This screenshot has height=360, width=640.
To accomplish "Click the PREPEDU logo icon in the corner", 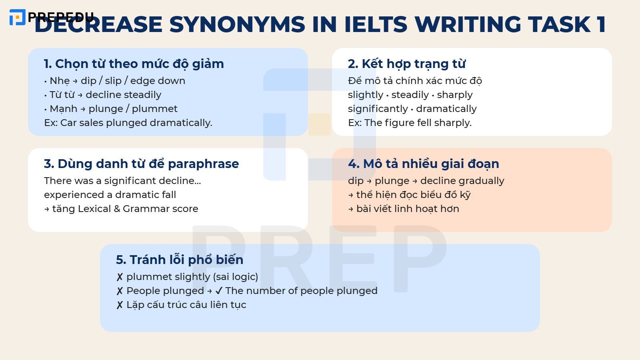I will click(x=17, y=17).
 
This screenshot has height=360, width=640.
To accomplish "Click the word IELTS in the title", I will click(x=375, y=24).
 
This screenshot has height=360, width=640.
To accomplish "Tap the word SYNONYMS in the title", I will click(x=237, y=24).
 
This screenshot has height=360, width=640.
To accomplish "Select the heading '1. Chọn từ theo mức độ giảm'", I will click(x=134, y=64).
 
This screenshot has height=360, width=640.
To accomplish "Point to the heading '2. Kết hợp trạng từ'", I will click(x=406, y=64).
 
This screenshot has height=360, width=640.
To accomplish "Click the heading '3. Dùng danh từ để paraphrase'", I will click(x=141, y=164).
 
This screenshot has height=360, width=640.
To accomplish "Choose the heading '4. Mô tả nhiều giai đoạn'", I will click(x=423, y=164).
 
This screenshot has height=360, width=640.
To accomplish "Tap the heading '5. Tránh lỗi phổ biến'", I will click(x=179, y=260).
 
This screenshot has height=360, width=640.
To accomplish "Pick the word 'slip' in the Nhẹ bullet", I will click(x=113, y=81).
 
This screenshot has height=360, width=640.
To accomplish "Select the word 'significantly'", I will click(x=378, y=109).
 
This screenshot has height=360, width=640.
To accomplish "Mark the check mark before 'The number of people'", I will click(x=219, y=291).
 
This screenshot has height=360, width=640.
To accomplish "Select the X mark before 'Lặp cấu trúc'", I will click(x=120, y=305).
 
